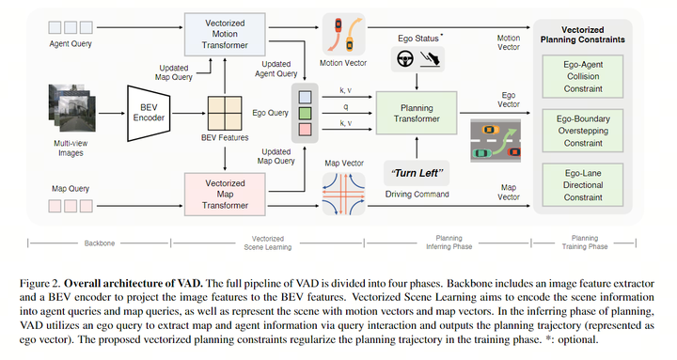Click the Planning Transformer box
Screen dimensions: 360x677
416,112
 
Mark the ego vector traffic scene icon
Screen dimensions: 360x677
496,138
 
